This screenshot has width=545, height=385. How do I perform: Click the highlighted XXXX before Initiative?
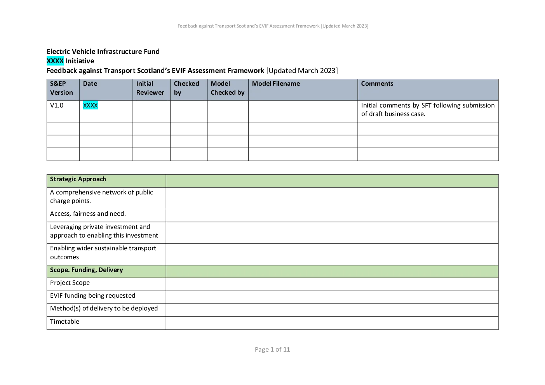55,61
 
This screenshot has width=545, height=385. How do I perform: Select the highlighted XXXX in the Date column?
90,105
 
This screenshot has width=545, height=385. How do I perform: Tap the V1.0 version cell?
57,105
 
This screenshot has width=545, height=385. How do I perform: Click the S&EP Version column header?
61,88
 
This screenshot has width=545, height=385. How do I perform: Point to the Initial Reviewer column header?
150,88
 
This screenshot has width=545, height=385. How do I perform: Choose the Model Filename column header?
276,83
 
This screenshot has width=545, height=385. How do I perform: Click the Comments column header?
377,83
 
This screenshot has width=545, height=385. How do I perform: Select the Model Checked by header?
228,88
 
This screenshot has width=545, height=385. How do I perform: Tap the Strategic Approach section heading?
78,179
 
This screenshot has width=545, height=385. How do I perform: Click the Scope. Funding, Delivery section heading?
86,270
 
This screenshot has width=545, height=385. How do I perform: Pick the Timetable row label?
64,321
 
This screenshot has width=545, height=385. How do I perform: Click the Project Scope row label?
70,283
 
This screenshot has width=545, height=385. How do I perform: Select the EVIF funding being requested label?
93,296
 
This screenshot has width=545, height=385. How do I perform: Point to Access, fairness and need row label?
88,213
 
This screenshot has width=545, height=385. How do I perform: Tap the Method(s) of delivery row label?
104,309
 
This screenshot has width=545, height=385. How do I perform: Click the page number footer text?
272,350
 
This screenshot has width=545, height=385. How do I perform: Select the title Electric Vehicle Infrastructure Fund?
103,52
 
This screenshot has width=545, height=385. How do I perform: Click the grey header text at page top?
273,26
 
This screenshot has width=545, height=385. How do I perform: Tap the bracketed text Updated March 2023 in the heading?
302,71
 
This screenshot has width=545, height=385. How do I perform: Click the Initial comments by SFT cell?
428,109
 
